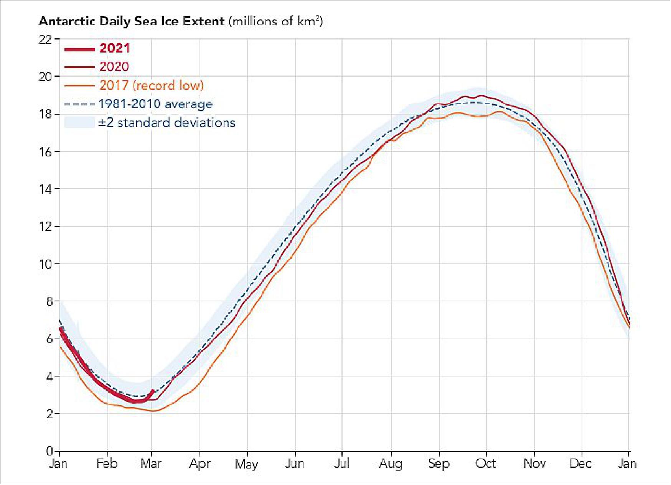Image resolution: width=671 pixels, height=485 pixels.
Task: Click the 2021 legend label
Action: tap(114, 48)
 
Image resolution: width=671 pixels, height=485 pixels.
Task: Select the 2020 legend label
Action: tap(114, 67)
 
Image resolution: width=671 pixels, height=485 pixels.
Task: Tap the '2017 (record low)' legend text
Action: tap(151, 85)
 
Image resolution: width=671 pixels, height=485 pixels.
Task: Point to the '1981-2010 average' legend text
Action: tap(155, 104)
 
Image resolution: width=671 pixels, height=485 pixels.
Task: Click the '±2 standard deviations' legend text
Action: tap(166, 123)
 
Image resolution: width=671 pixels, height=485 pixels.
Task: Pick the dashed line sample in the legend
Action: tap(79, 104)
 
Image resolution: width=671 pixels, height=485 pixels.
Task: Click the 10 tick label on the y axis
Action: tap(45, 264)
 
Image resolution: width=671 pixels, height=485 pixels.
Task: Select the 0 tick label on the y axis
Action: tap(49, 451)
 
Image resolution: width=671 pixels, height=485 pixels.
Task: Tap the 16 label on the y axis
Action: tap(45, 152)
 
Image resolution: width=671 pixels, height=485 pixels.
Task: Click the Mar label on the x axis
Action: tap(151, 464)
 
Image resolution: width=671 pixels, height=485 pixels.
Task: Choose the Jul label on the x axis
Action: tap(341, 464)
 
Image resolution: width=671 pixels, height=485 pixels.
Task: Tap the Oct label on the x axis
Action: tap(486, 464)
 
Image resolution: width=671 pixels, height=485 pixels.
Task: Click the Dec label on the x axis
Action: tap(580, 464)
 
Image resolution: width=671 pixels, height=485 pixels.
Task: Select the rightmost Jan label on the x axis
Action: tap(627, 464)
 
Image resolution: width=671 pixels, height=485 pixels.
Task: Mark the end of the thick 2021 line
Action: tap(153, 391)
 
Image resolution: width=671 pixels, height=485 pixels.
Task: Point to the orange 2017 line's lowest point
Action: tap(153, 411)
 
